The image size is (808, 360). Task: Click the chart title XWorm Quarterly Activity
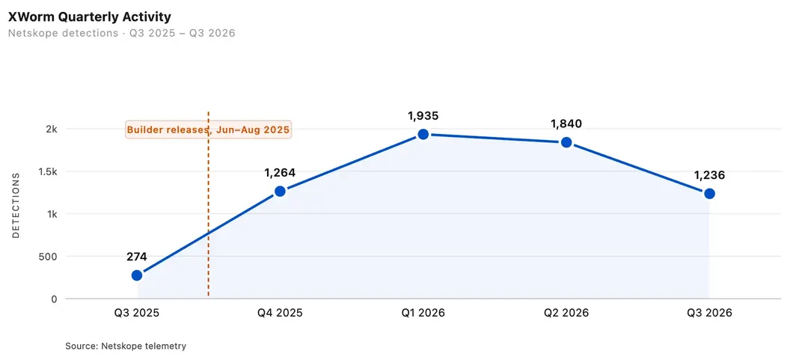[x=89, y=17]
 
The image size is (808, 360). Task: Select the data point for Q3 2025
[x=137, y=275]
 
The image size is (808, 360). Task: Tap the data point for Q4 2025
[x=280, y=192]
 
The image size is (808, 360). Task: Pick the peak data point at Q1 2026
[x=423, y=134]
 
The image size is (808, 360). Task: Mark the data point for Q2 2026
[x=566, y=142]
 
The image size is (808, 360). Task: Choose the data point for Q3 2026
[x=709, y=193]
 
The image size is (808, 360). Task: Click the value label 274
[x=137, y=257]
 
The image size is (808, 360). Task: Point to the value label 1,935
[x=423, y=115]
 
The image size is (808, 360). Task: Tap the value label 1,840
[x=566, y=123]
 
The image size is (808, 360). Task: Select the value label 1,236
[x=709, y=175]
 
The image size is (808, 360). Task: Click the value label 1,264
[x=280, y=173]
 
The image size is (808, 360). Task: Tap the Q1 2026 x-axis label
[x=423, y=313]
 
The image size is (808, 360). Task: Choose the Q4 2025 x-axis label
[x=280, y=313]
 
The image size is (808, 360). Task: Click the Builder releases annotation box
[x=209, y=129]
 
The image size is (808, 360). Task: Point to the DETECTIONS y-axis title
[x=16, y=205]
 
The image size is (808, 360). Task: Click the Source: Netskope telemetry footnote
[x=126, y=346]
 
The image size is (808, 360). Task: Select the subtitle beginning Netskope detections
[x=122, y=34]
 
